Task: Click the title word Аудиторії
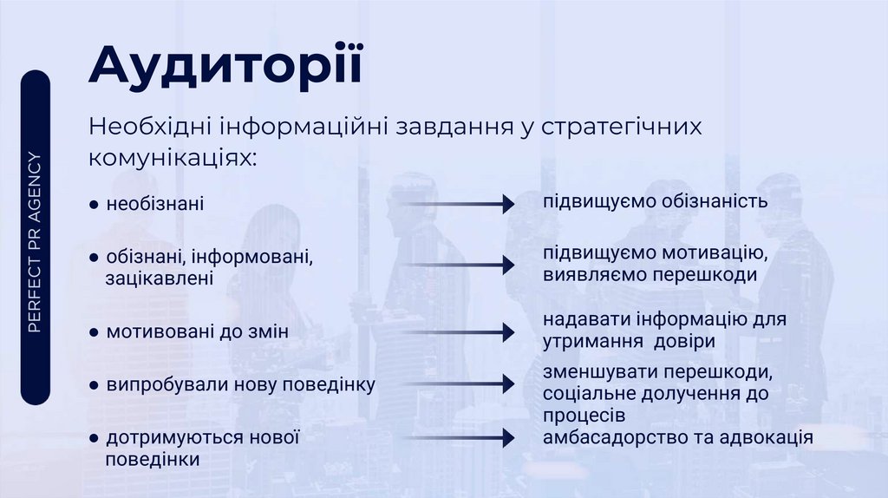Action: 225,69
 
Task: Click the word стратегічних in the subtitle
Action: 621,127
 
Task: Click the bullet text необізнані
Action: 154,206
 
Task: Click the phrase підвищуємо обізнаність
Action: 656,202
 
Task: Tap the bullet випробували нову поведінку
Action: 240,384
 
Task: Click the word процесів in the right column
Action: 584,416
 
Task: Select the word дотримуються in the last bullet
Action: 174,437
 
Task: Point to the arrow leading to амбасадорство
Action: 460,438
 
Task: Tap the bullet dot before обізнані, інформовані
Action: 93,259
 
